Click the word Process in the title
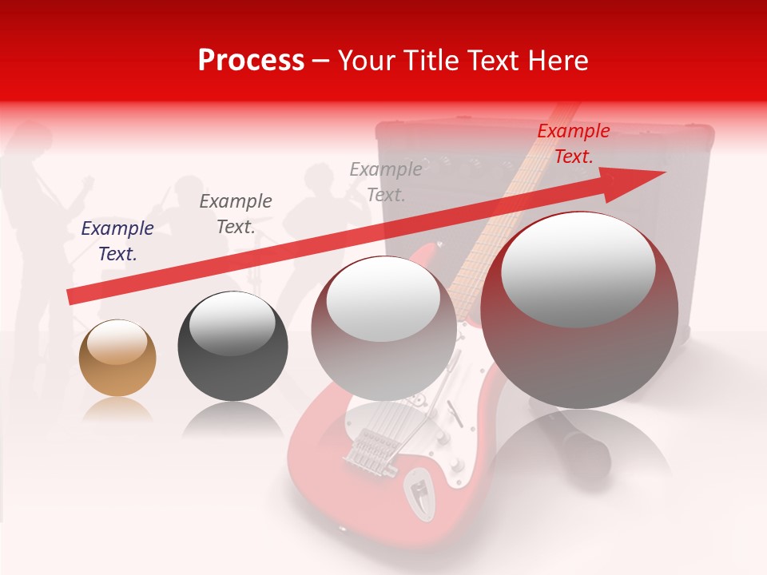[251, 61]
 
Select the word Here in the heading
[558, 61]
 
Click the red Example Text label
[573, 144]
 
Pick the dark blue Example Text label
[117, 241]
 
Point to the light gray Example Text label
[386, 181]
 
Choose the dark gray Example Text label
[236, 214]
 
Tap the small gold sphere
[117, 358]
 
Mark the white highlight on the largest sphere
[578, 268]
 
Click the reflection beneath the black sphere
[232, 419]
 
